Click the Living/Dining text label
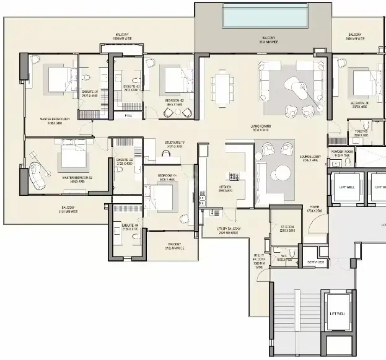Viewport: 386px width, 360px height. click(x=260, y=129)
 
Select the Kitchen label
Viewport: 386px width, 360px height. click(x=226, y=188)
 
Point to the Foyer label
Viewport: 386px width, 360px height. click(x=314, y=209)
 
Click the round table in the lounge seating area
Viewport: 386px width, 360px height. click(x=283, y=172)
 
